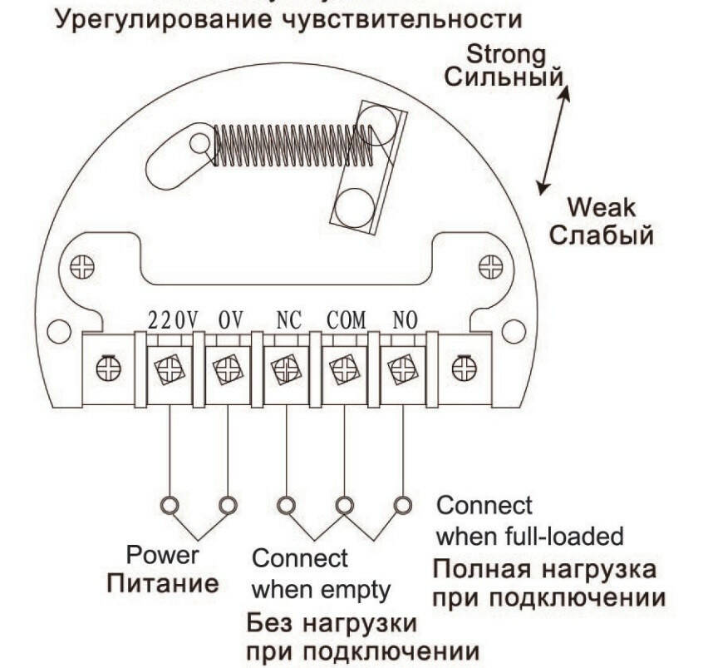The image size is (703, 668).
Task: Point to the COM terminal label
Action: (345, 320)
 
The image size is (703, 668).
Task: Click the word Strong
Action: (505, 56)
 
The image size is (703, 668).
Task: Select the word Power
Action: (163, 555)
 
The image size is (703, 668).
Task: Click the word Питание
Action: (163, 581)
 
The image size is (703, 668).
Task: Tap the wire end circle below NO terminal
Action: (403, 504)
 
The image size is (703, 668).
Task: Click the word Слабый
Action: (602, 235)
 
